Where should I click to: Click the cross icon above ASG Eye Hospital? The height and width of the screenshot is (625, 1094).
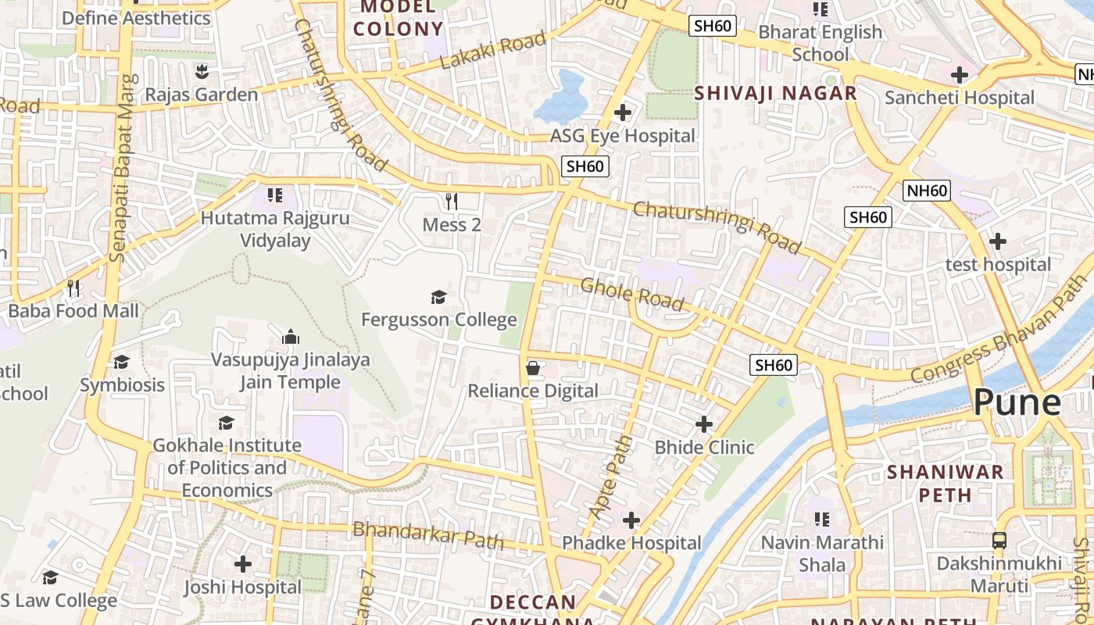(623, 112)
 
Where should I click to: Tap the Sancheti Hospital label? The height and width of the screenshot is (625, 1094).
(960, 98)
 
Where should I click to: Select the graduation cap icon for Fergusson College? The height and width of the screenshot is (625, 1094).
(438, 297)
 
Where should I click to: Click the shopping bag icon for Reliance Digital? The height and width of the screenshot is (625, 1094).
(533, 367)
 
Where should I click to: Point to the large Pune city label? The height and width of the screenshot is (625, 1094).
(1017, 402)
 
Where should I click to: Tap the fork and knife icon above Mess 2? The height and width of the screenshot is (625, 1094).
(452, 202)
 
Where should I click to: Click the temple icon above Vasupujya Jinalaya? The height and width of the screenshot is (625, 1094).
(291, 337)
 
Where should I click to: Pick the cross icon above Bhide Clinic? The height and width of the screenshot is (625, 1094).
(704, 424)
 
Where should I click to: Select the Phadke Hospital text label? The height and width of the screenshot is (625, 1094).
(631, 543)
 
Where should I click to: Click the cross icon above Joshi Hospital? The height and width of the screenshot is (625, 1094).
(243, 563)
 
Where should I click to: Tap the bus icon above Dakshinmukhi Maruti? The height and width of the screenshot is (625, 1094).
(999, 540)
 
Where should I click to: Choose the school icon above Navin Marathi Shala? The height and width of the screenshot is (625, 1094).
(821, 519)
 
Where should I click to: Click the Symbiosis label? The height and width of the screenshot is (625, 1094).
(123, 385)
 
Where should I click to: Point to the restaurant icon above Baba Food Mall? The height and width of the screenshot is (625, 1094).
(73, 288)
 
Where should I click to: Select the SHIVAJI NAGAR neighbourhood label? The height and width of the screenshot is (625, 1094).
(776, 94)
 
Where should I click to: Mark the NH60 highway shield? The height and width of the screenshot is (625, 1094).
(927, 190)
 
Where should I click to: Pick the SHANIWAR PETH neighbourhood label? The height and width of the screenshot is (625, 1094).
(946, 483)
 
